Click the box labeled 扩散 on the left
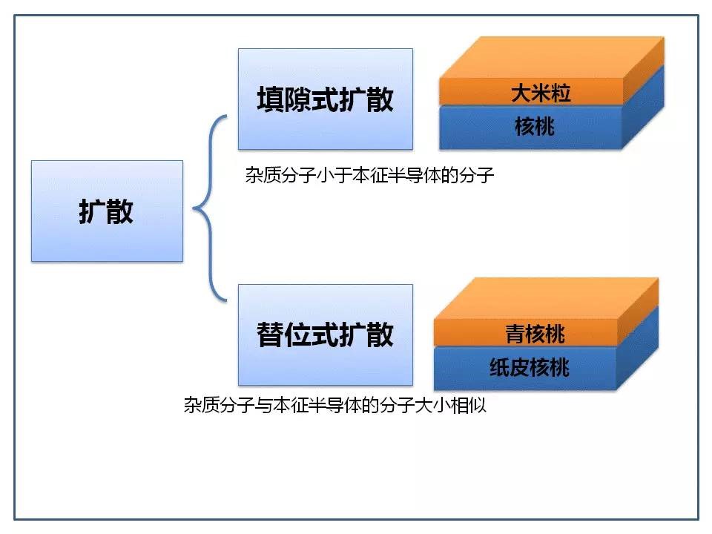click(107, 211)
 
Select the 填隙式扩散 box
click(326, 99)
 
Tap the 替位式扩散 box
click(326, 334)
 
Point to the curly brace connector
click(210, 208)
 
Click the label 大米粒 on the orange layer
click(541, 93)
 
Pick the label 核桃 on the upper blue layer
click(535, 126)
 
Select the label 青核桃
click(535, 334)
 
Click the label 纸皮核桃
click(530, 367)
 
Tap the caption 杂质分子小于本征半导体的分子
click(369, 175)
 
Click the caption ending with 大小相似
click(335, 405)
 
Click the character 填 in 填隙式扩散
click(271, 99)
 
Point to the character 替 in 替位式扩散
click(271, 334)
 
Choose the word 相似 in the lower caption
click(469, 405)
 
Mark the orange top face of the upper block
click(552, 58)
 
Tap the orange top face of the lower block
click(547, 298)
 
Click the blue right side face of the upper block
click(644, 107)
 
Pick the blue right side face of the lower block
click(638, 347)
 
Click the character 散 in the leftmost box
click(120, 211)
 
